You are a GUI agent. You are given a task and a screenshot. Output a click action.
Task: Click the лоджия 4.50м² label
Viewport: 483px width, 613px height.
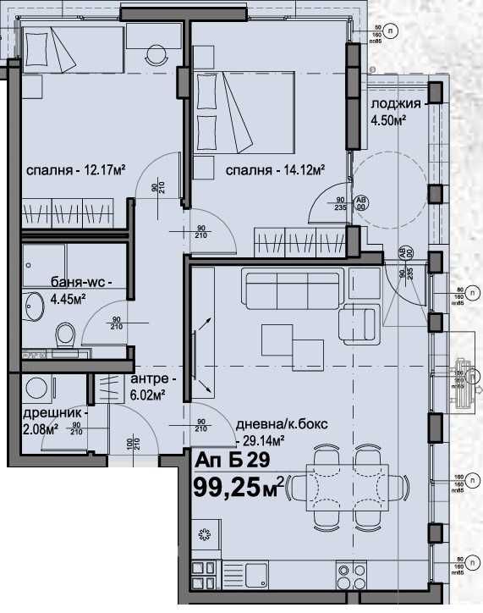click(396, 113)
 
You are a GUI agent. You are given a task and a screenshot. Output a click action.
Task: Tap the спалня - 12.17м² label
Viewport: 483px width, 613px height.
click(75, 169)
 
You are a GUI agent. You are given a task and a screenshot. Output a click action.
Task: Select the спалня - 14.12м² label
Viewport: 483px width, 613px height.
click(276, 170)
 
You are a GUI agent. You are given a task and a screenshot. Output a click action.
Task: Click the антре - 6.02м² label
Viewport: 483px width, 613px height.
click(152, 387)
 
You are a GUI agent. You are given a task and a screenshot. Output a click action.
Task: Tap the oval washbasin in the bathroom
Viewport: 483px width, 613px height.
click(34, 306)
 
